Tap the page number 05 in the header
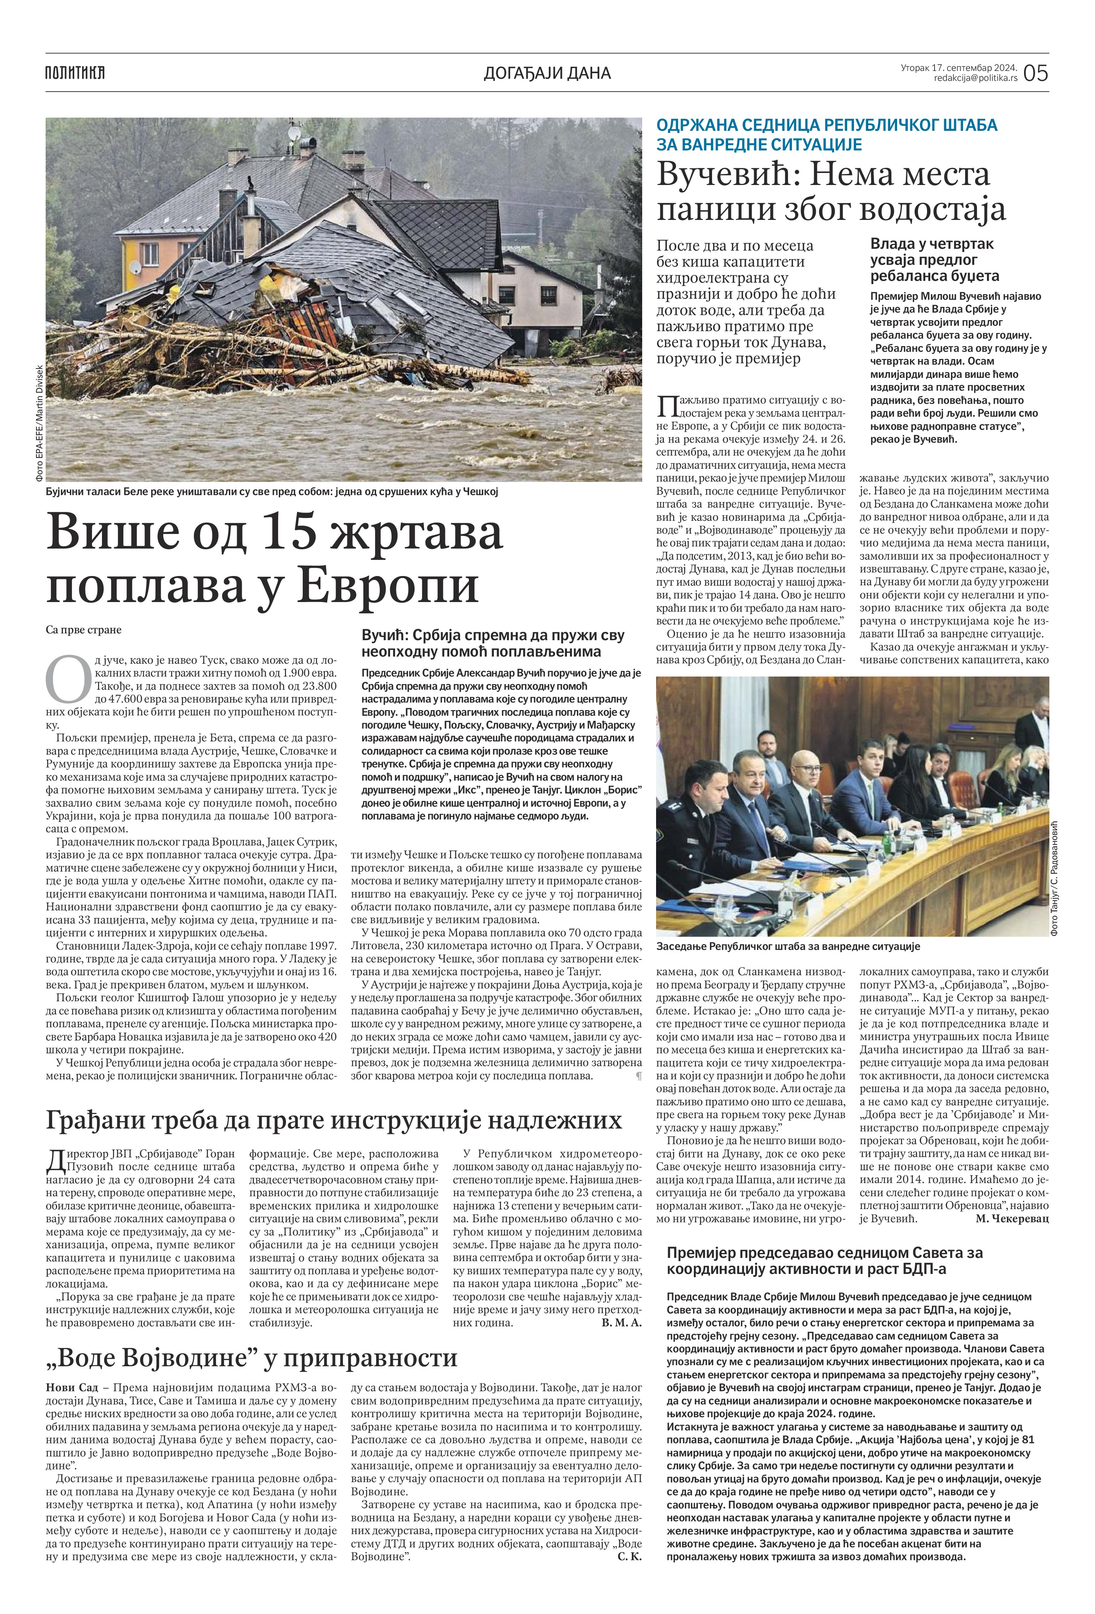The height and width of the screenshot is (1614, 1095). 1035,72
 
